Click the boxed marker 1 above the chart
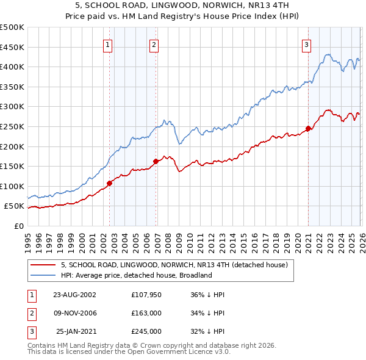point(107,44)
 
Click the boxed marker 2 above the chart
point(154,44)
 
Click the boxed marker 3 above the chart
point(306,44)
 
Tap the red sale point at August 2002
point(110,182)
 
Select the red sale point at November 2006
point(156,161)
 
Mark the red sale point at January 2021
point(309,128)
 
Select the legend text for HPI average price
point(135,275)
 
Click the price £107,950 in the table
point(145,294)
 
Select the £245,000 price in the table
point(145,331)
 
